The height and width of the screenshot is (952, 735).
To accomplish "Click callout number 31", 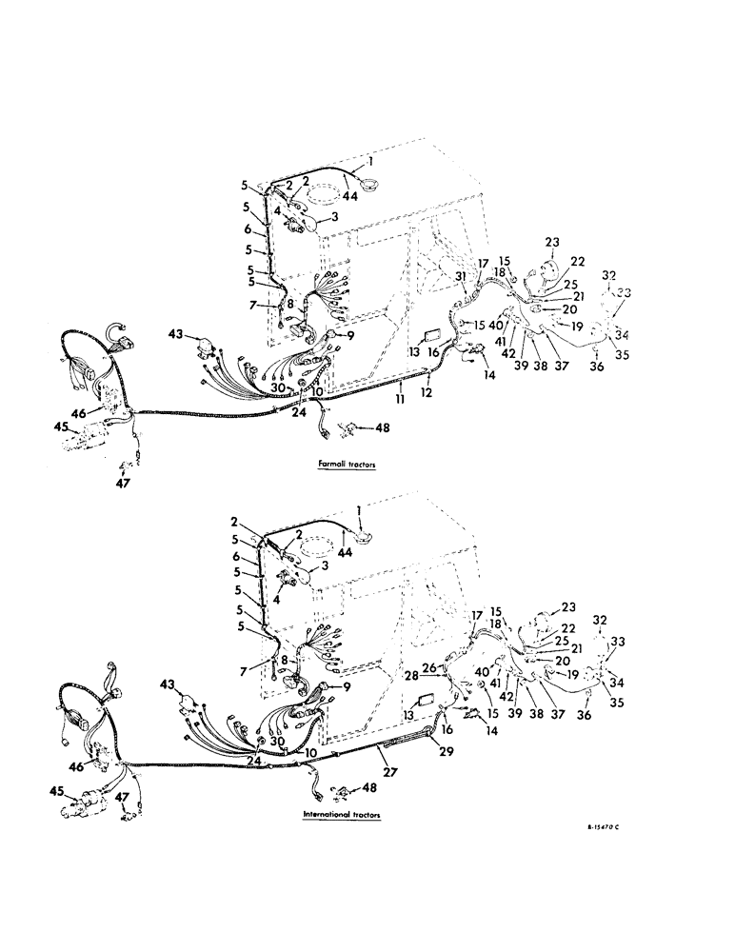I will (460, 277).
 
